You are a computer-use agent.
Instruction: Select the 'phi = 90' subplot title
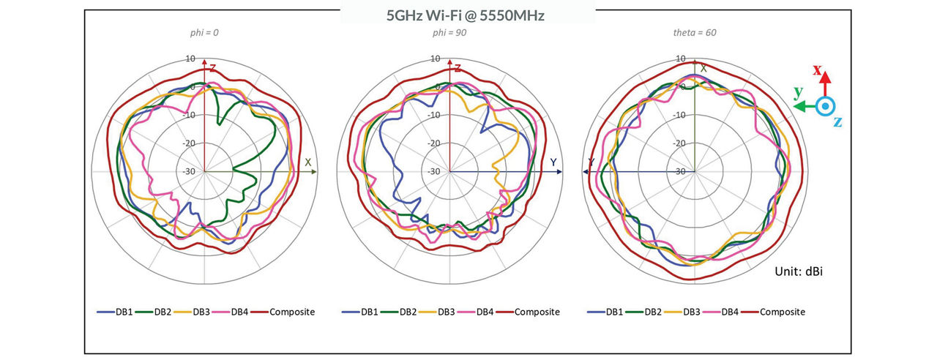click(x=449, y=34)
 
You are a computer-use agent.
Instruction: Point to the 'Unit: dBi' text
click(x=800, y=271)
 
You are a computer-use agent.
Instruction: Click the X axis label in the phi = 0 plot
click(x=308, y=162)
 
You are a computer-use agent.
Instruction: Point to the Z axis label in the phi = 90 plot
click(x=458, y=68)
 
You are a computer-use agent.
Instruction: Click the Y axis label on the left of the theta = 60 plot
click(x=591, y=162)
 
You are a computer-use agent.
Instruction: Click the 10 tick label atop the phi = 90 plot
click(x=436, y=59)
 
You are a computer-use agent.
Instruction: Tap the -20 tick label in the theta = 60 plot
click(x=680, y=143)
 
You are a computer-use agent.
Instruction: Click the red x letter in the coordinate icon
click(x=818, y=72)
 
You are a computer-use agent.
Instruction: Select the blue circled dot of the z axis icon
click(x=825, y=106)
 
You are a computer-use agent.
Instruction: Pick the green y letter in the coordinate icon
click(x=799, y=92)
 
